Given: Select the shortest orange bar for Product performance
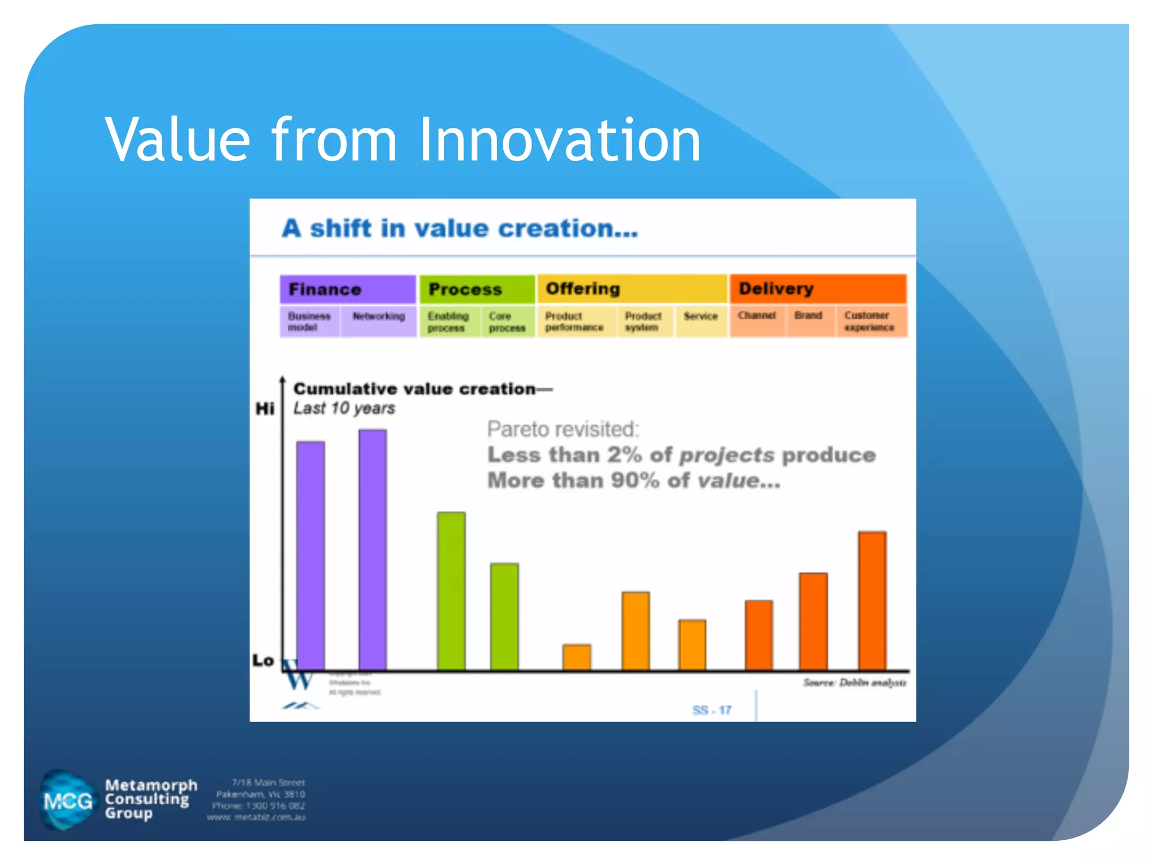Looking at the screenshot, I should (576, 657).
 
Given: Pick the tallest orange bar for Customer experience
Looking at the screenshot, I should (872, 600).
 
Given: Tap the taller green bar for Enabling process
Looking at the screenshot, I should (451, 591).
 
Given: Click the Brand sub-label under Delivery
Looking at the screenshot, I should (808, 316).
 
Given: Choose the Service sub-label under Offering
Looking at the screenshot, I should (700, 316).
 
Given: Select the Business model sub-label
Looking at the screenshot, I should (309, 322).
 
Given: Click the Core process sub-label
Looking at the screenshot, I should (507, 322).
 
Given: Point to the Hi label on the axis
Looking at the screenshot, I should (265, 408).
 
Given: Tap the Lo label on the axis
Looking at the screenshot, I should (263, 660).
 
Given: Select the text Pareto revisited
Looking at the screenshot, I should (563, 429).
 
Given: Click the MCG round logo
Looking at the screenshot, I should (68, 800).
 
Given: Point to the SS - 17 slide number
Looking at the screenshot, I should (712, 710).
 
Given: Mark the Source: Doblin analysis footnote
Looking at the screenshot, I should (854, 683).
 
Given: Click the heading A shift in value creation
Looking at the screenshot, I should (459, 229).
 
